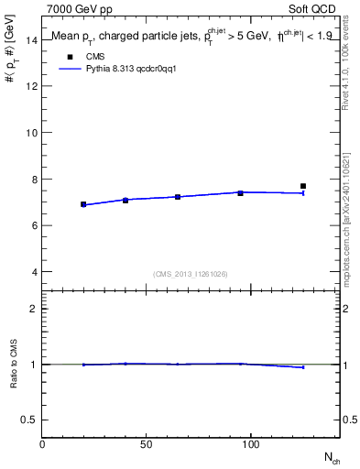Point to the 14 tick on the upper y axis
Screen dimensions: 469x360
click(31, 39)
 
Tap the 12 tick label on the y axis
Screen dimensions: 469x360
click(31, 86)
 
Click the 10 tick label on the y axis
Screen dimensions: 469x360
click(31, 133)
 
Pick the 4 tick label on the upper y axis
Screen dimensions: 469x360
click(34, 272)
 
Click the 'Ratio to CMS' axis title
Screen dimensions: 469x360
click(13, 364)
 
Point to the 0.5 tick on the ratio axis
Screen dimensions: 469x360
click(28, 420)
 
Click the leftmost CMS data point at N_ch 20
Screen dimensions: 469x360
click(83, 204)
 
